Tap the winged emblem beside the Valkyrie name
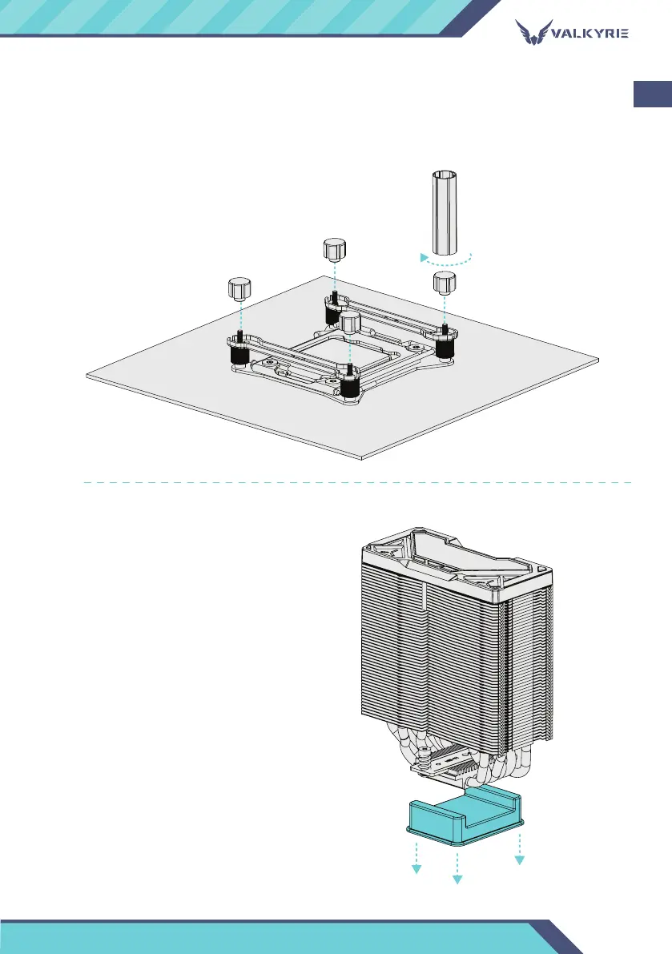[531, 34]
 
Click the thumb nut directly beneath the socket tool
[444, 283]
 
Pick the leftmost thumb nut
[239, 288]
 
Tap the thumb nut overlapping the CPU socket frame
[349, 324]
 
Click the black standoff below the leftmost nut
[239, 353]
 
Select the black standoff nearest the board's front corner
[348, 388]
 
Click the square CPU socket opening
[336, 348]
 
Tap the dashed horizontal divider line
[356, 483]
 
